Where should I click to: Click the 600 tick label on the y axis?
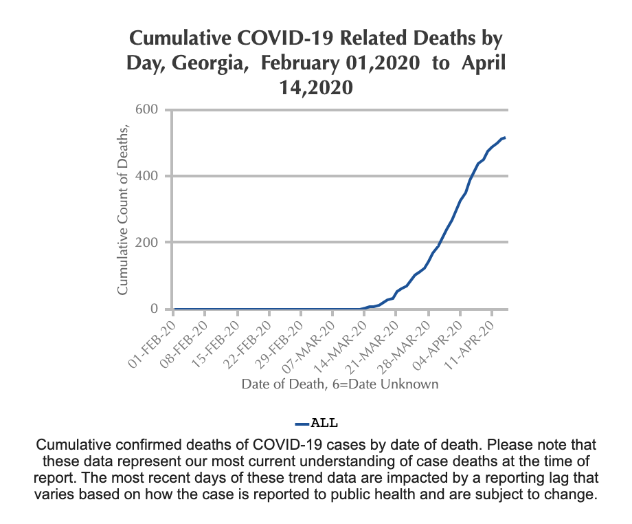click(x=148, y=109)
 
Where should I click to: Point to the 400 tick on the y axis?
click(x=148, y=176)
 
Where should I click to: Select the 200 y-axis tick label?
click(x=148, y=243)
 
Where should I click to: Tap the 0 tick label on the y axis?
click(x=155, y=309)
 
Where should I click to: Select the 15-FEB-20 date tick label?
click(x=218, y=339)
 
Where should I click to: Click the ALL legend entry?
click(x=317, y=422)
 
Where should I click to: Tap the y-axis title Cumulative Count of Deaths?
click(x=123, y=209)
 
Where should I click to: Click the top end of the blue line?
click(x=505, y=138)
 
